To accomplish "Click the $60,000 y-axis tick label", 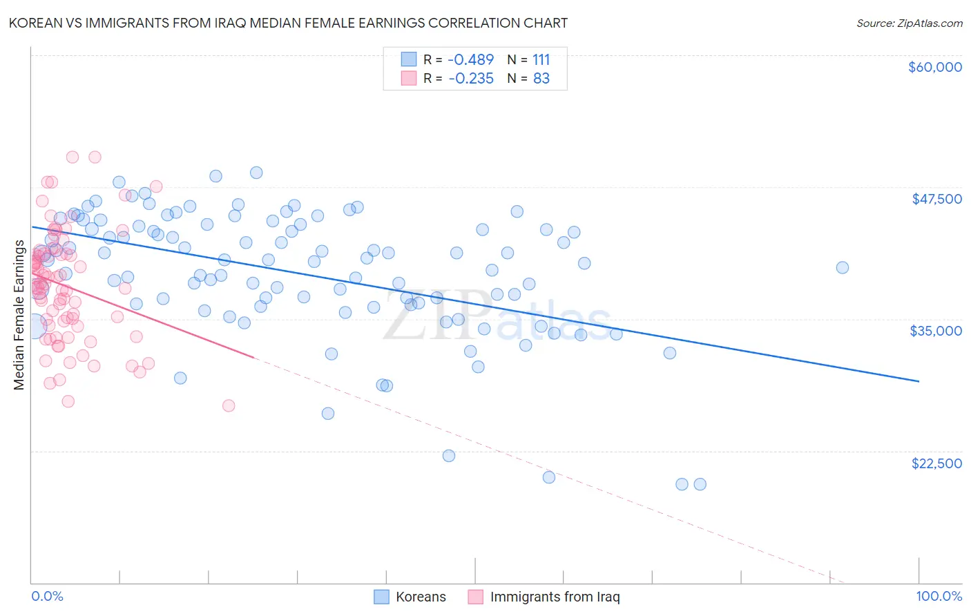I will coord(935,67).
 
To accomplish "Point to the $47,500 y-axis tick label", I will coord(936,199).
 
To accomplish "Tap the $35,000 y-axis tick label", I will coord(936,331).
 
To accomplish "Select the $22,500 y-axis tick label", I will coord(936,463).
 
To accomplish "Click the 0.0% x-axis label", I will coord(47,596).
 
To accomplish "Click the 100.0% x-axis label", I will coord(939,596).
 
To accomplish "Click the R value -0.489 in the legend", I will coord(471,59).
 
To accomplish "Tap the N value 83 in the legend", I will coord(541,79).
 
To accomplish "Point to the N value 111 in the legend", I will coord(541,59).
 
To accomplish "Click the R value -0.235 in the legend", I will coord(471,79).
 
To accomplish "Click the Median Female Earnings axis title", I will coord(19,316).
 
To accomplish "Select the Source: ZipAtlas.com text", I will coord(909,23).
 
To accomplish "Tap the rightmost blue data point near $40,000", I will coord(842,268).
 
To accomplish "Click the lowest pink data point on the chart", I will coord(229,405).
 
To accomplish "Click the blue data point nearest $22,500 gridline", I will coord(449,456).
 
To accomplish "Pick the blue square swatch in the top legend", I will coord(409,59).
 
